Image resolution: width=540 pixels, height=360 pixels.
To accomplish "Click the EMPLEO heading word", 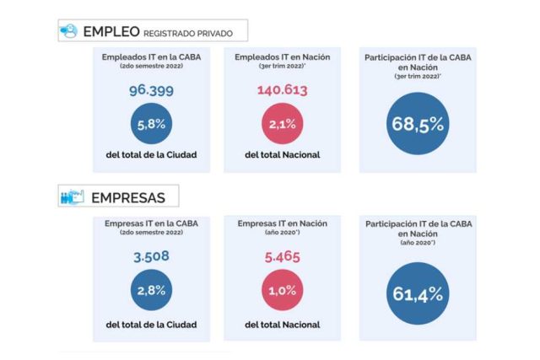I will tap(111, 32).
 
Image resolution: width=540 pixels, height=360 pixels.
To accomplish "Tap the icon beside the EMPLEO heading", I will tap(69, 31).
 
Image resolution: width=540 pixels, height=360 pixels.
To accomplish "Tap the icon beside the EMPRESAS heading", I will tap(71, 197).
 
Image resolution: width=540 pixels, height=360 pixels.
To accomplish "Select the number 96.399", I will tap(152, 91).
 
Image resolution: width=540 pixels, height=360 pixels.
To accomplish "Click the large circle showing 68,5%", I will tap(417, 125).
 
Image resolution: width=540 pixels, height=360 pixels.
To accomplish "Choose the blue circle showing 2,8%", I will tap(152, 292).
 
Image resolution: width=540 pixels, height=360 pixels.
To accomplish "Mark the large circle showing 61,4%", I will tap(417, 292).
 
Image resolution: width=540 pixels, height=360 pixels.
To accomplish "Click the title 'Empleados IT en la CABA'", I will tap(152, 56).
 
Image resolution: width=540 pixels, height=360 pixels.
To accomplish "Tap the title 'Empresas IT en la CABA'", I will tap(152, 223).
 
